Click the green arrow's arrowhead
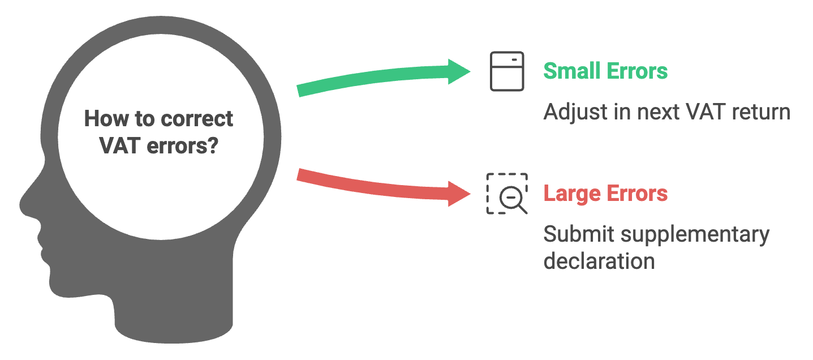(x=459, y=71)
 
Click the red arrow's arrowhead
(x=459, y=194)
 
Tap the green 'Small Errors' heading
(x=605, y=71)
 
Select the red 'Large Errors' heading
(x=605, y=194)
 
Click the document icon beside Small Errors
(x=507, y=71)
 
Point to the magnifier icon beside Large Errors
(x=507, y=194)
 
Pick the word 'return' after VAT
(x=761, y=112)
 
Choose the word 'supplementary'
(x=695, y=235)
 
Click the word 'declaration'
(x=599, y=261)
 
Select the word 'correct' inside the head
(x=197, y=119)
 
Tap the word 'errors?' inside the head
(x=183, y=146)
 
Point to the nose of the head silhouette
(x=27, y=203)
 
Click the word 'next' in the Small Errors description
(x=658, y=113)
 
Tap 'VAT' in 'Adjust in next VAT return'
(x=706, y=112)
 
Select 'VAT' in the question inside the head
(x=120, y=146)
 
